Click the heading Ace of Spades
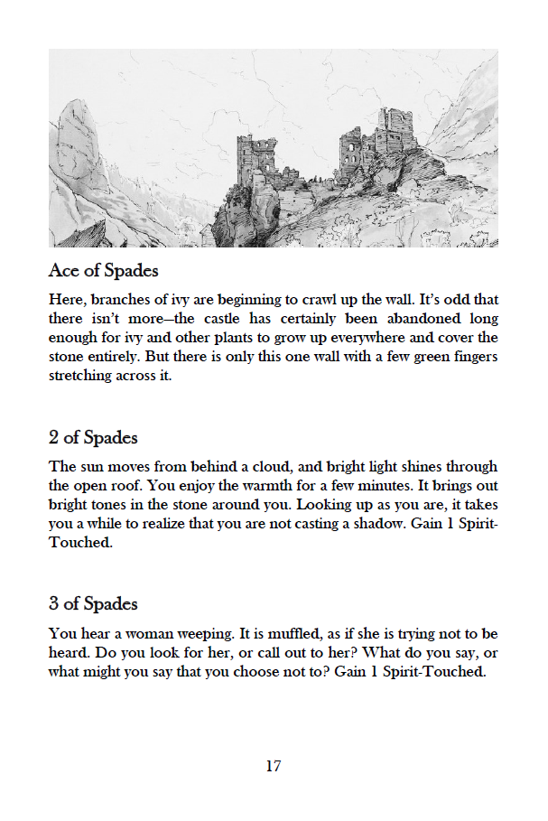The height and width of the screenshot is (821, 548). click(105, 271)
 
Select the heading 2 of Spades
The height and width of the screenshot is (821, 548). click(93, 438)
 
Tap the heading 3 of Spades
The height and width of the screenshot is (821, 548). click(93, 604)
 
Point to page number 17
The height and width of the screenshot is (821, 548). click(274, 767)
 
